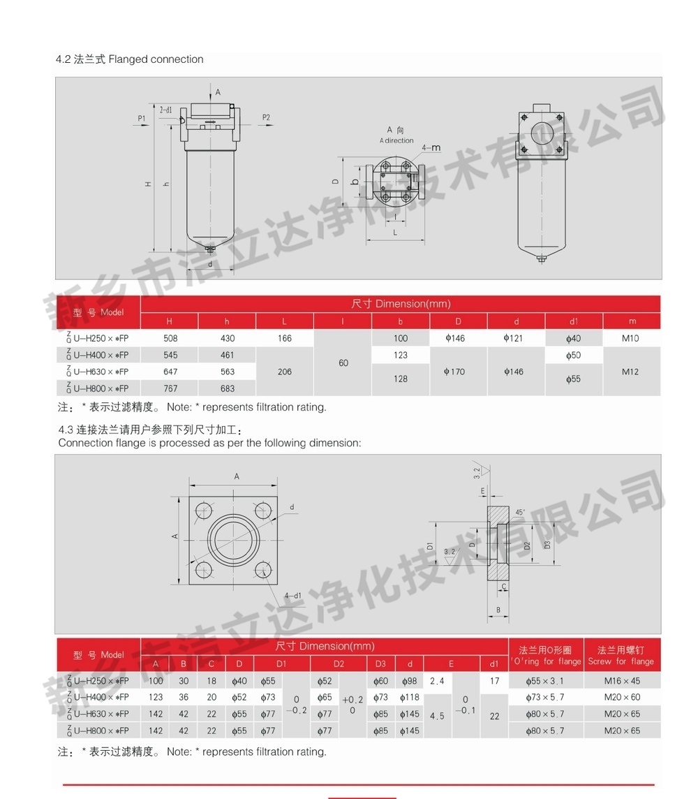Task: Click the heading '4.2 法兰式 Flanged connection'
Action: (129, 59)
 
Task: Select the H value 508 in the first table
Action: (170, 338)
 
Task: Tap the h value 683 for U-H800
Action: (228, 388)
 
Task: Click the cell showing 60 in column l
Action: (343, 362)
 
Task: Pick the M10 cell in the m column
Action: (630, 338)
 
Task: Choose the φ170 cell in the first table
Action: (454, 372)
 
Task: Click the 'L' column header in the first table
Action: (284, 321)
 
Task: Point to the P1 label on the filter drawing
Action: (142, 118)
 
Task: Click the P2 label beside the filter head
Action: (266, 117)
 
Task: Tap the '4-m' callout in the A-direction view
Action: (431, 148)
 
